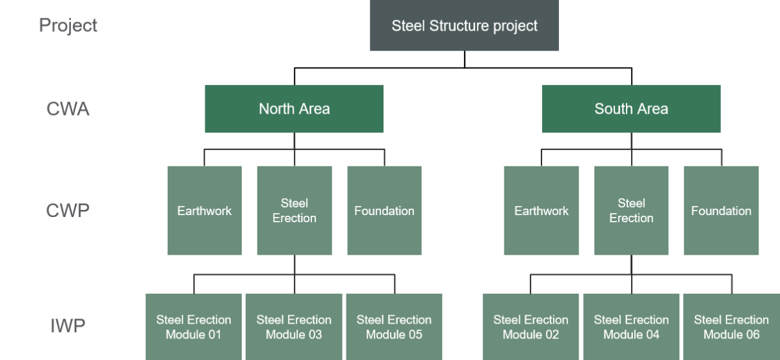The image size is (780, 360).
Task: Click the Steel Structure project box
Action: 464,26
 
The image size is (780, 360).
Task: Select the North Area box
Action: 294,109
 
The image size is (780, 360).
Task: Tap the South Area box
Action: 631,109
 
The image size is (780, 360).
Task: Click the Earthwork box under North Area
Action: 204,211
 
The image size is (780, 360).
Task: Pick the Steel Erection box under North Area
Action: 294,211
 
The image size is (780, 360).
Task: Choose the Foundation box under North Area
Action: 384,211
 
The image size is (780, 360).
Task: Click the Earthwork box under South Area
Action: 541,211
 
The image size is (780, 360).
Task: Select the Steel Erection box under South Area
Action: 631,211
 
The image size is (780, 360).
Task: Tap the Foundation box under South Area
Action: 721,211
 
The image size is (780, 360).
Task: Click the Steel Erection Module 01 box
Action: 194,327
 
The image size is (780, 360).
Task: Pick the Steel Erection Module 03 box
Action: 294,327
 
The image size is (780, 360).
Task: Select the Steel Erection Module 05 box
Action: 394,327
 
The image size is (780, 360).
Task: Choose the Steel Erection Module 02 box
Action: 530,327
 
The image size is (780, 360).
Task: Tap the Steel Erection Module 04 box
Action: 631,327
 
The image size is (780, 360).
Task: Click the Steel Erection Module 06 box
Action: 731,327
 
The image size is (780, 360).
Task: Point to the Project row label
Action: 68,25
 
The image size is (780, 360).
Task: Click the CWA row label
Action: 68,109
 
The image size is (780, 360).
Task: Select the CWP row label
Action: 68,211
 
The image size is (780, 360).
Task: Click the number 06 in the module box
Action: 751,335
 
